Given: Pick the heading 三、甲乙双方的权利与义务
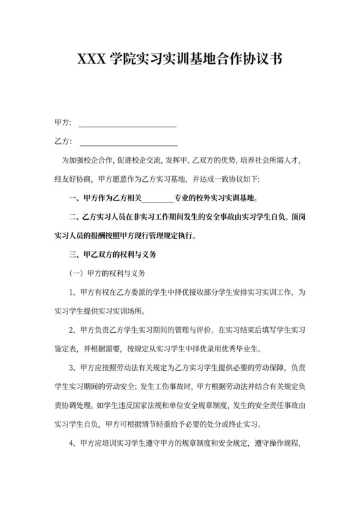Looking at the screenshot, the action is click(x=112, y=254).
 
